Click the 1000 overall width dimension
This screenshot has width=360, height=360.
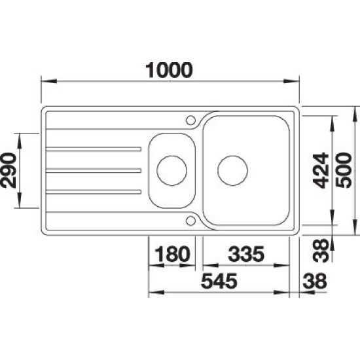pos(170,70)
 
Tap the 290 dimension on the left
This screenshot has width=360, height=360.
pos(9,170)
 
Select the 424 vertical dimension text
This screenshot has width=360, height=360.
pos(321,170)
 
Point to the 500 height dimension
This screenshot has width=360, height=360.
pos(344,170)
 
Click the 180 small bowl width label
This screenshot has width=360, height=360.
pos(172,254)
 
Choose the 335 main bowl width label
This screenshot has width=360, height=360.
pos(246,254)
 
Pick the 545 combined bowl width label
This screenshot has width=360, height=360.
pos(219,281)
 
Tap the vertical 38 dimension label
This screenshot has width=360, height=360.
pos(321,250)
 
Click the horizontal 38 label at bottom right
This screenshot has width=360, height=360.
pos(315,281)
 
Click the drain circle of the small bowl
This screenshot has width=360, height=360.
pos(171,170)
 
